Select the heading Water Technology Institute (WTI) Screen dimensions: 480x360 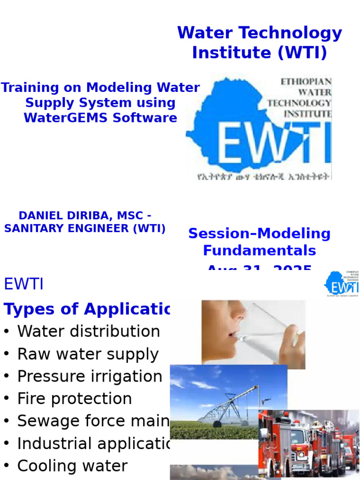point(259,43)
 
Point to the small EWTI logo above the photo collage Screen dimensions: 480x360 point(342,283)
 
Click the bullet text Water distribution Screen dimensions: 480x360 point(89,331)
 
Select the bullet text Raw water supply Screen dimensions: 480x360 point(88,354)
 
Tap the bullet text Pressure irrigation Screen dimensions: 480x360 point(90,376)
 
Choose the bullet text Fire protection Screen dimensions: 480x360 point(75,399)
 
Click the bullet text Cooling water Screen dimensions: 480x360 point(72,466)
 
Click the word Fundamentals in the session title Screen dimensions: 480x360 point(259,250)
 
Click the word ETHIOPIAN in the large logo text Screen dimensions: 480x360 point(306,82)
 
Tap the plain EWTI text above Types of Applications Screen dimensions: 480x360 point(23,284)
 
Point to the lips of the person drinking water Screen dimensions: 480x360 point(234,335)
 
